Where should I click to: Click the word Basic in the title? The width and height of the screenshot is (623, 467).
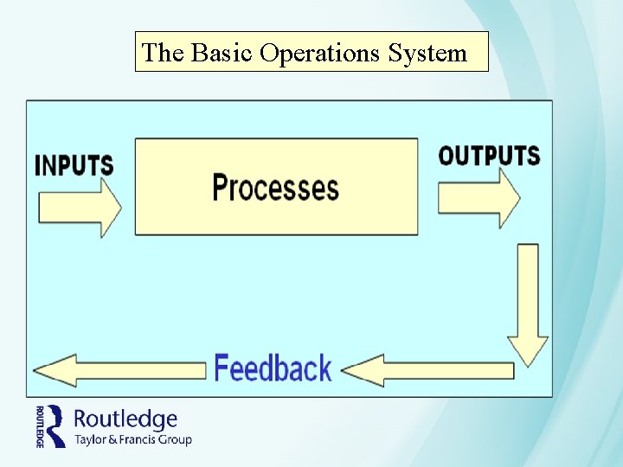click(x=222, y=54)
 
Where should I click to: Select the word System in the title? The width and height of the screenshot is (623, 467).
click(x=427, y=54)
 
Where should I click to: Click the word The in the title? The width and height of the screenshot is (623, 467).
click(x=163, y=54)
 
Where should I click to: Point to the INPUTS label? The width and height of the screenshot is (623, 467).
click(x=74, y=165)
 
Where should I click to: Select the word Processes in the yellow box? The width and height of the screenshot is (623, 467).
click(x=275, y=187)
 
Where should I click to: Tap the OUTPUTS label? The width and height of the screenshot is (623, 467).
click(x=489, y=156)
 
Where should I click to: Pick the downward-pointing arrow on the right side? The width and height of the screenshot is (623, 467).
click(x=528, y=303)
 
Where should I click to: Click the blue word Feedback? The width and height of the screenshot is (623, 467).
click(x=273, y=368)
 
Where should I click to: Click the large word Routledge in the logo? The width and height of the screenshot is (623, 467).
click(x=125, y=419)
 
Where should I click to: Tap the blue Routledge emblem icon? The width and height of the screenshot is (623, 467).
click(x=56, y=425)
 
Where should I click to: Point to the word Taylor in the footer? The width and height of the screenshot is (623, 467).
click(x=92, y=440)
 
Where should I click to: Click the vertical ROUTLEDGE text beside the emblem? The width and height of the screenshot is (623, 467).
click(x=40, y=425)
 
